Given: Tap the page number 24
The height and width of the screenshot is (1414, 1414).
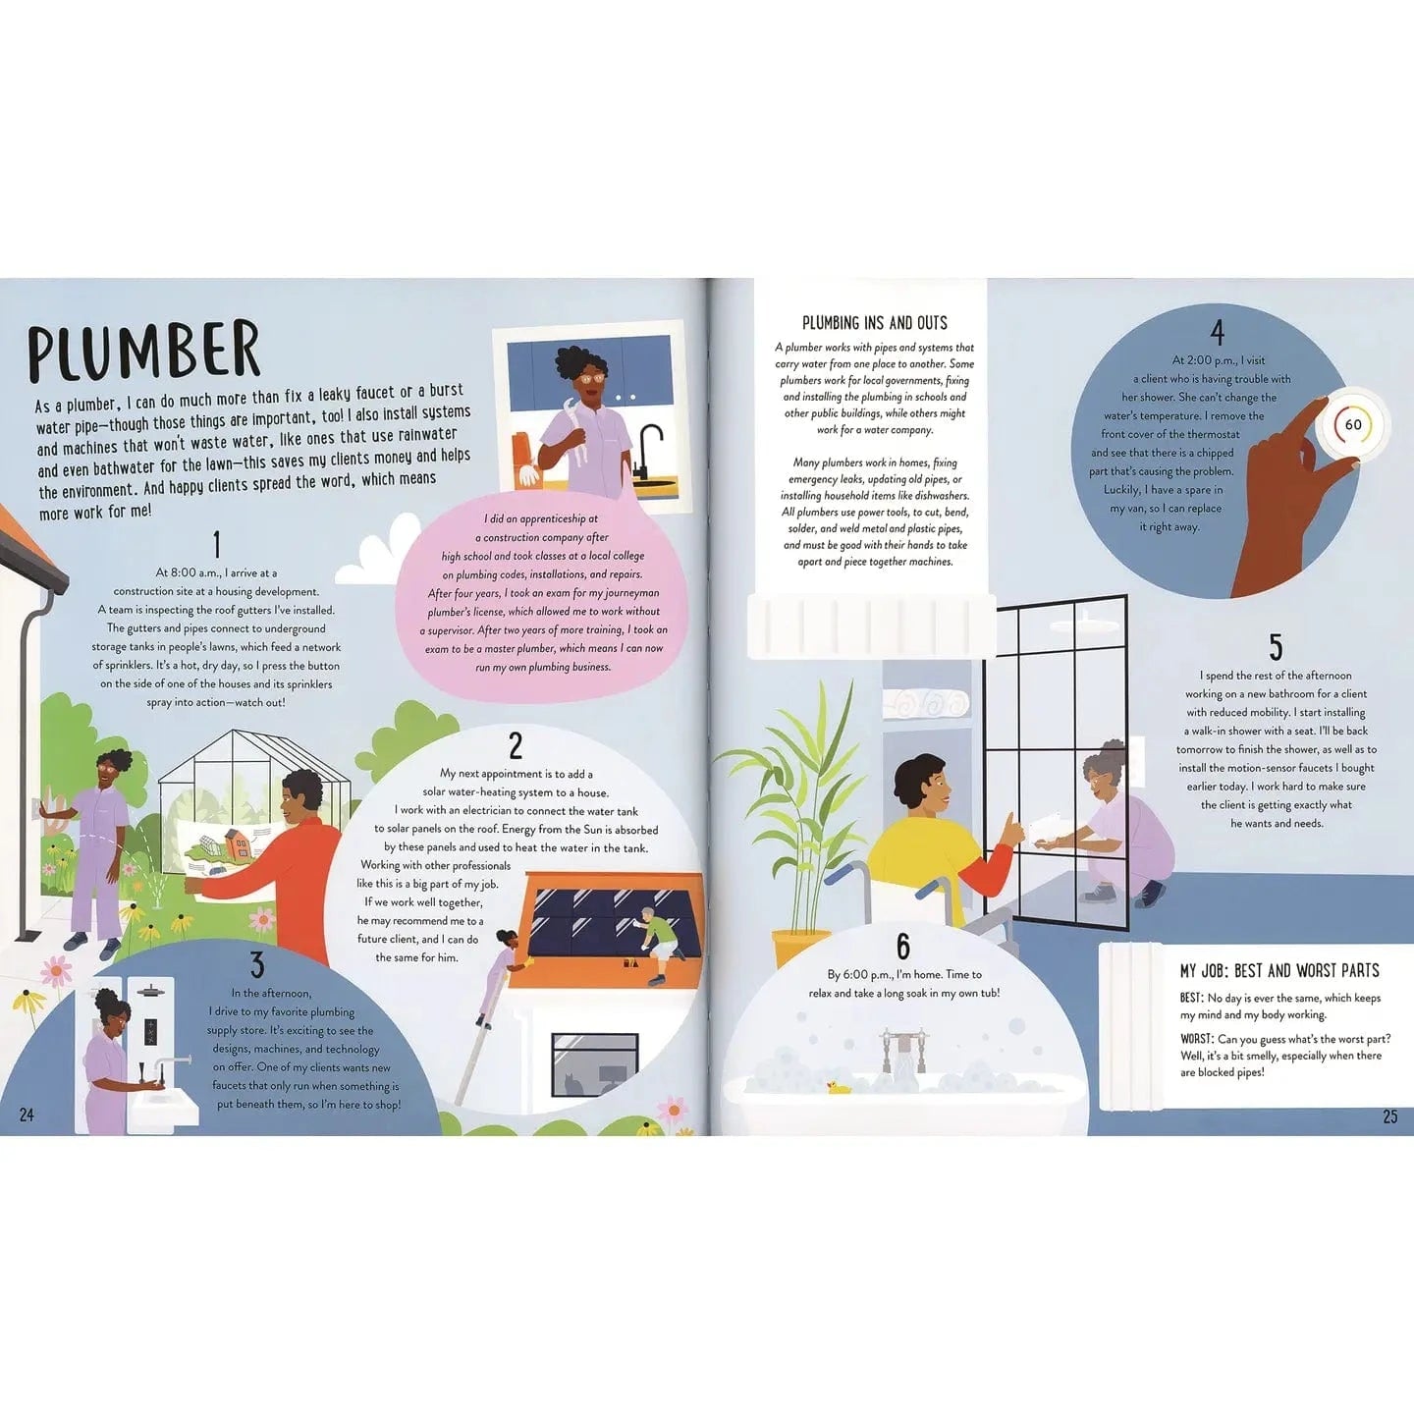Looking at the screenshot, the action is (27, 1115).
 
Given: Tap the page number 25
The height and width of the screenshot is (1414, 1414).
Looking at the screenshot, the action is (1389, 1116).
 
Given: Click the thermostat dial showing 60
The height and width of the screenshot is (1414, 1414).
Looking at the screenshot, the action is (1352, 425).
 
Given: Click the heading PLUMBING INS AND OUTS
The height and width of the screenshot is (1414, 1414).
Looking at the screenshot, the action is (875, 323).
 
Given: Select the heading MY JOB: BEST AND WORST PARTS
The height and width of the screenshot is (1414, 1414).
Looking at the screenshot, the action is (1279, 971).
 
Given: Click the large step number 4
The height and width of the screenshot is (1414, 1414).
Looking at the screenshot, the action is (1218, 333).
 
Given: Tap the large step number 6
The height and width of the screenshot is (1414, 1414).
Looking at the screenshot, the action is (903, 947).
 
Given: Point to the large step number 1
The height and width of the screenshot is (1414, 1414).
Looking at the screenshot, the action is (216, 545).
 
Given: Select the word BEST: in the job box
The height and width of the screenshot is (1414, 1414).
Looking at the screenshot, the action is (1192, 998).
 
